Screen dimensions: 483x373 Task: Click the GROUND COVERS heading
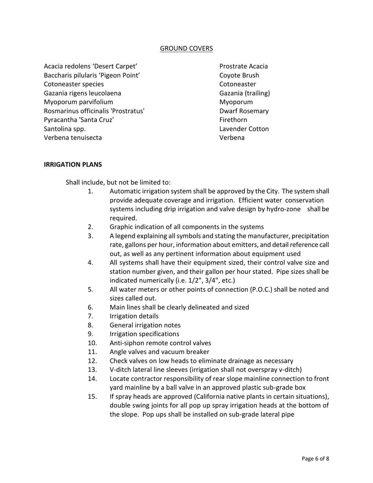click(x=186, y=48)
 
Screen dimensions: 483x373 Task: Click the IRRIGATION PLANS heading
click(x=73, y=165)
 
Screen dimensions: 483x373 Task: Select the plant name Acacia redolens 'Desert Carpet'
click(x=90, y=66)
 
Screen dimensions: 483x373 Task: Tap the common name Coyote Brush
click(x=239, y=75)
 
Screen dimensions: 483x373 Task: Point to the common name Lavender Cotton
click(x=244, y=129)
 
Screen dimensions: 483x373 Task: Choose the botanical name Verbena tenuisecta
click(x=73, y=138)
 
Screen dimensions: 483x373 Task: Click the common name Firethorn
click(x=233, y=120)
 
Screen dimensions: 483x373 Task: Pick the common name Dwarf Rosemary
click(x=244, y=111)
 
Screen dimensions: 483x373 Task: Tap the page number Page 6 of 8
click(x=315, y=459)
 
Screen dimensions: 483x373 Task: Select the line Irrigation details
click(x=134, y=316)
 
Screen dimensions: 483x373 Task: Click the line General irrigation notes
click(x=145, y=325)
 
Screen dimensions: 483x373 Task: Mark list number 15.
click(x=92, y=397)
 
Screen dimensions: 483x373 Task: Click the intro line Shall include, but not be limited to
click(x=118, y=183)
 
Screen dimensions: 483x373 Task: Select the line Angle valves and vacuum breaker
click(x=159, y=352)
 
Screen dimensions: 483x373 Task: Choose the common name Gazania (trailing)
click(x=245, y=93)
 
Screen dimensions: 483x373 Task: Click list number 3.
click(x=90, y=236)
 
